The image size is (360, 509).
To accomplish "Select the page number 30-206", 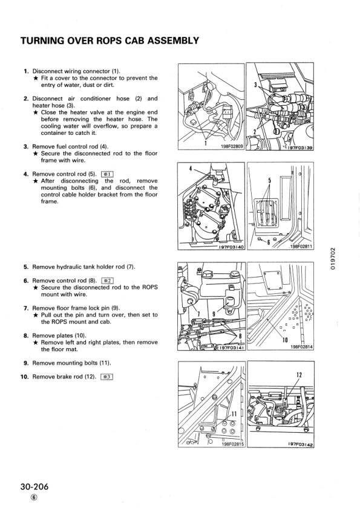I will [33, 488].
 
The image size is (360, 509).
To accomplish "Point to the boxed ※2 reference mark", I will [108, 280].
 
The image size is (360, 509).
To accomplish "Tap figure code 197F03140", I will [229, 247].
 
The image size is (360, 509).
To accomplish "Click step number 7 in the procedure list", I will [26, 308].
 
